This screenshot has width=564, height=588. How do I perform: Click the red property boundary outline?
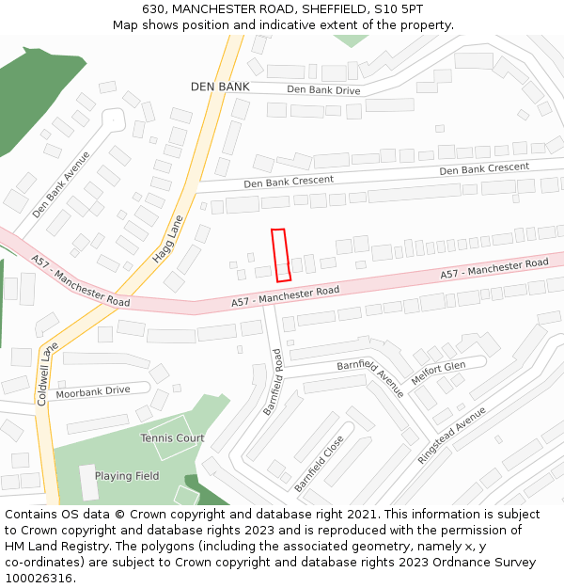280,255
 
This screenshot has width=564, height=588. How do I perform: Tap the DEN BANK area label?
220,87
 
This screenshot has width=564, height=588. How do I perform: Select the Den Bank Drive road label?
323,90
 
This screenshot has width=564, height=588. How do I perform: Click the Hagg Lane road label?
168,241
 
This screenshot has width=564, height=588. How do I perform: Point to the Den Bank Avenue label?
61,184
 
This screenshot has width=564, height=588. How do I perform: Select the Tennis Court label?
172,438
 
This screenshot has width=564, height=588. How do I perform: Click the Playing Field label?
127,476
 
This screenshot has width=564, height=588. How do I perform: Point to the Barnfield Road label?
273,382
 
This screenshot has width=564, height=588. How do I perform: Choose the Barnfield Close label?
319,463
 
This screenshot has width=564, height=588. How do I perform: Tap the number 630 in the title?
154,8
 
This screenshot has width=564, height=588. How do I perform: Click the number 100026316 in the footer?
39,579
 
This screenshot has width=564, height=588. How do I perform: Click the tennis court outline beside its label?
169,451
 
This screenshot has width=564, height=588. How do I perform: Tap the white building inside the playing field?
87,482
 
